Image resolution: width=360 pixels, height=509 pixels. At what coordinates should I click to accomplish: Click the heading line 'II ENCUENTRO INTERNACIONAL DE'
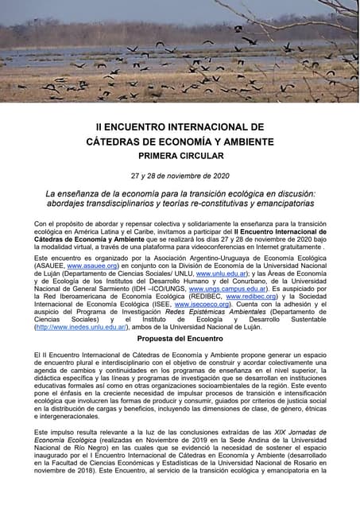coord(180,126)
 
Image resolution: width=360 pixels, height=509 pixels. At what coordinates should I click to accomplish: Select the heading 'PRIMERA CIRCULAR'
coord(180,156)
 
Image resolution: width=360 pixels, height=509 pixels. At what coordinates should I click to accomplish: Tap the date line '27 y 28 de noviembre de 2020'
coord(180,176)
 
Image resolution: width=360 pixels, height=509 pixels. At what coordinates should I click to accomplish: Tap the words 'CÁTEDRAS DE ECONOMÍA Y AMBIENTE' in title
coord(180,142)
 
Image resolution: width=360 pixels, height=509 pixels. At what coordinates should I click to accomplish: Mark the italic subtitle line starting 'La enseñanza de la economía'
coord(180,193)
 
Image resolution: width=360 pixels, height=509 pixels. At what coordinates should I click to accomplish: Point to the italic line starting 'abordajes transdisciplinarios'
coord(180,204)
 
